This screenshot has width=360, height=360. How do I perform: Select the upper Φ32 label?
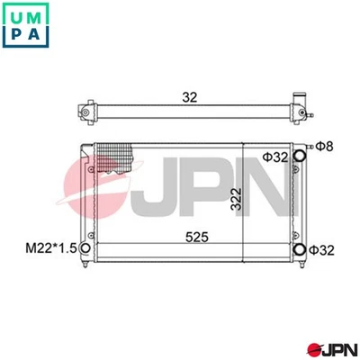point(274,157)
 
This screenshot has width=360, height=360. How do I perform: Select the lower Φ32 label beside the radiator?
point(322,249)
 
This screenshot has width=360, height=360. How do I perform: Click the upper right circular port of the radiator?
point(300,156)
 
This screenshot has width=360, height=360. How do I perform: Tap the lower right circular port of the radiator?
point(300,249)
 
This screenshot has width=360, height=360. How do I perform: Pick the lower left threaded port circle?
point(85,249)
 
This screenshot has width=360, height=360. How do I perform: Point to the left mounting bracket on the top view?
point(85,112)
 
